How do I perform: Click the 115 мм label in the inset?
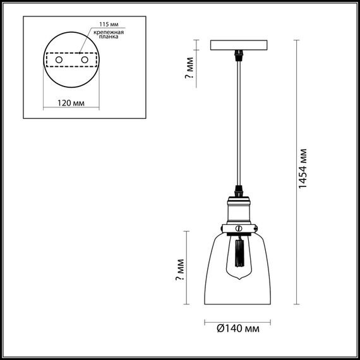pos(100,23)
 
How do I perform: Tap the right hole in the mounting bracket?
pos(83,59)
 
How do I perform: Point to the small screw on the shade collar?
pos(239,226)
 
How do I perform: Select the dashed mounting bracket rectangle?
pos(70,59)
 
